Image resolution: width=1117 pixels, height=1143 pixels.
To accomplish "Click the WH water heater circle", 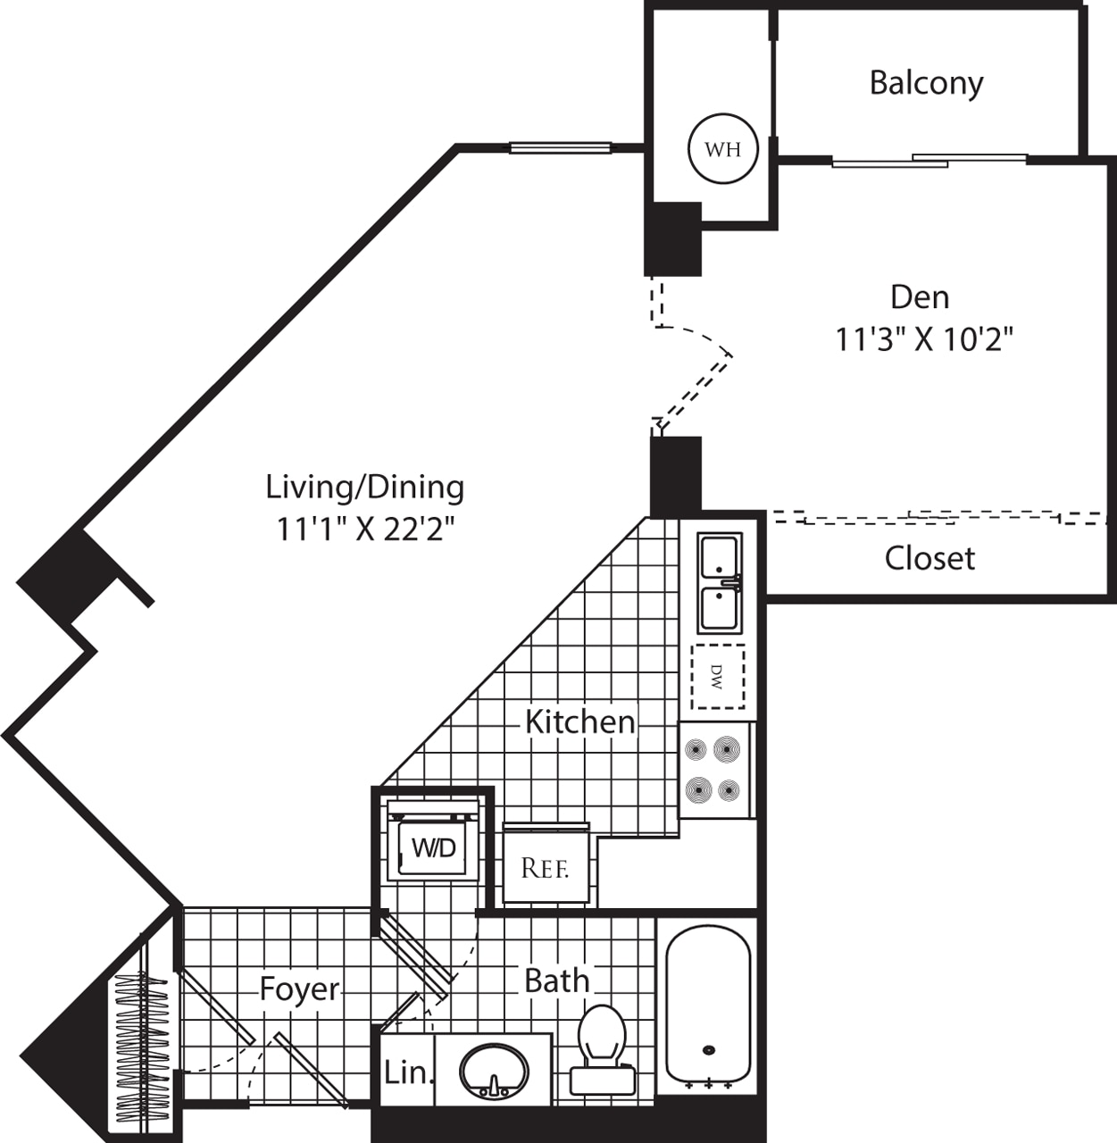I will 722,149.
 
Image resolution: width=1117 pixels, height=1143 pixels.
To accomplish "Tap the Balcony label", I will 926,83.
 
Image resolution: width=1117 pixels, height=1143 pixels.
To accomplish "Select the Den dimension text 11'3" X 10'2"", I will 924,339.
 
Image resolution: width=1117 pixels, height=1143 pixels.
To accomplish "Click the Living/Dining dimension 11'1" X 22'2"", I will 365,530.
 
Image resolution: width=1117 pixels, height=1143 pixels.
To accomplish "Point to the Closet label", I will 929,558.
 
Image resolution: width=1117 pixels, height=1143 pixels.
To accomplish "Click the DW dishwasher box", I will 719,676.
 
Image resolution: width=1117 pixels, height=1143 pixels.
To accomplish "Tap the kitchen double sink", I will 720,582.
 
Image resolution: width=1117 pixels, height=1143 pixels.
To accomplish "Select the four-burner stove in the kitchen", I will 714,770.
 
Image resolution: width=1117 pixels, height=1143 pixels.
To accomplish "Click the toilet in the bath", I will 602,1045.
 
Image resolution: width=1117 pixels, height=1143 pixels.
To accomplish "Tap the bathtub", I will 708,1005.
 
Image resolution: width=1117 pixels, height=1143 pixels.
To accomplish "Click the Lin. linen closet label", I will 407,1072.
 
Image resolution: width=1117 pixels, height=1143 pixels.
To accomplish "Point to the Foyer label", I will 299,989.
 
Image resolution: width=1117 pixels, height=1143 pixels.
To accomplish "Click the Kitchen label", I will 579,722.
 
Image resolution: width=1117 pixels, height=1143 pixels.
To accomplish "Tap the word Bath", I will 556,980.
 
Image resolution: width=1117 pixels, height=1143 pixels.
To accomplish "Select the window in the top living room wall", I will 560,147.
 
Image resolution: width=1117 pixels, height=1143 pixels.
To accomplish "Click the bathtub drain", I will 709,1050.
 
